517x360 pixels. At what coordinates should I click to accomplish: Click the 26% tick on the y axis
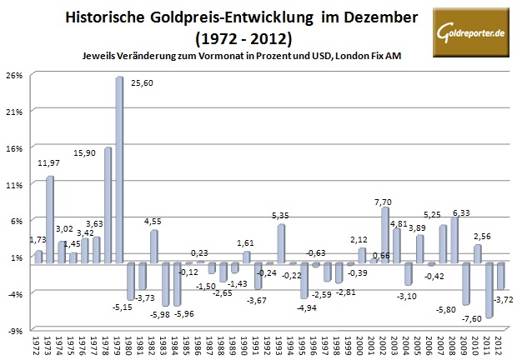click(x=14, y=74)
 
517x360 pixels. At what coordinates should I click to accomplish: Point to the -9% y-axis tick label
click(x=15, y=330)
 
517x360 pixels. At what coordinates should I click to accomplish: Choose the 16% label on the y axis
click(x=14, y=147)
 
